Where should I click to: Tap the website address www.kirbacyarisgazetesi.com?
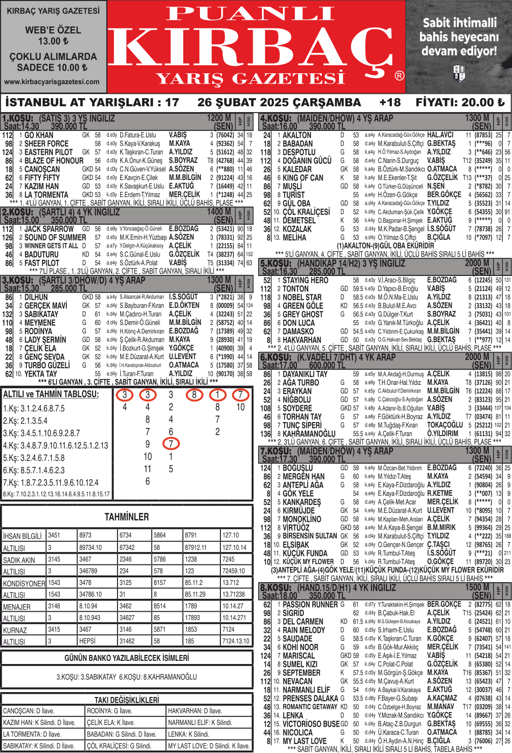[x=52, y=82]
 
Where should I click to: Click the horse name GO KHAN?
[x=39, y=135]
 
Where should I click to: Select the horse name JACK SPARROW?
[x=49, y=229]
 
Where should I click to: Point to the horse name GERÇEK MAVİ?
[x=46, y=306]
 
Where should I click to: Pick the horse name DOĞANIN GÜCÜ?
[x=307, y=161]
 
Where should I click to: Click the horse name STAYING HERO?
[x=305, y=280]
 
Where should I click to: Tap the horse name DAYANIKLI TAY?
[x=305, y=374]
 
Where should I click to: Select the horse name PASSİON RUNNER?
[x=310, y=605]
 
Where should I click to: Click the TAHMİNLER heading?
[x=127, y=517]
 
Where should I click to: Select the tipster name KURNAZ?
[x=15, y=630]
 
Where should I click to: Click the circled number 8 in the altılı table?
[x=194, y=395]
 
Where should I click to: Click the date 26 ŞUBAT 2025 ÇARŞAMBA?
[x=279, y=102]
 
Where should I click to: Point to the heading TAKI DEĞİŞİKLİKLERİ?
[x=127, y=700]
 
